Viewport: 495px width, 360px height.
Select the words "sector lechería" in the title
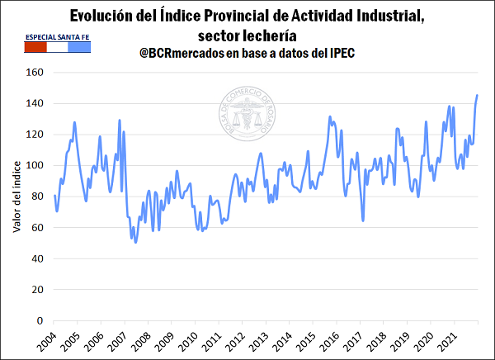[x=247, y=35]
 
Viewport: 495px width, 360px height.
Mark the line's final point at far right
[x=477, y=96]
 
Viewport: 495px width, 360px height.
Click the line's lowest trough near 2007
[x=135, y=241]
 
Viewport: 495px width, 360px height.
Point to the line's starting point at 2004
[x=54, y=196]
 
